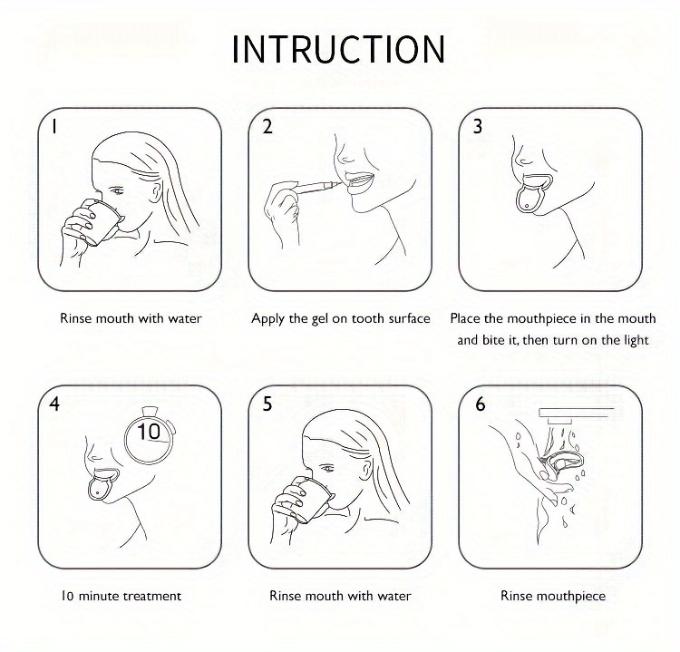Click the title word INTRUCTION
coord(339,50)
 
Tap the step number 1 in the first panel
coord(53,126)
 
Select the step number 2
coord(267,126)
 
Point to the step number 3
coord(478,126)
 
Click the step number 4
coord(54,404)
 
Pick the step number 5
coord(267,404)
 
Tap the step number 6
coord(480,404)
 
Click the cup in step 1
coord(101,223)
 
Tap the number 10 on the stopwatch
coord(149,432)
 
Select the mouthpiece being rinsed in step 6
coord(565,464)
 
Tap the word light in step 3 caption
coord(636,341)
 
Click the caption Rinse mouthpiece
coord(553,597)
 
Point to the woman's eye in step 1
coord(116,190)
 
